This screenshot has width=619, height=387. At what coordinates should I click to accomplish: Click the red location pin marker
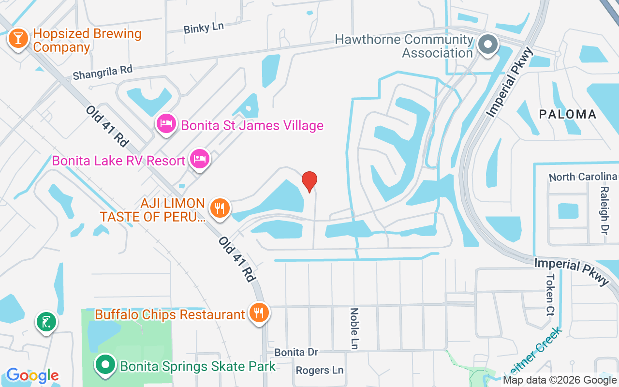click(x=309, y=181)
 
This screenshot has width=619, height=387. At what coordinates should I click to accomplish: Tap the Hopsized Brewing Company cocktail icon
click(x=18, y=39)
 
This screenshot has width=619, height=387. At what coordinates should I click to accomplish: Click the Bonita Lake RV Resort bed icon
click(x=199, y=159)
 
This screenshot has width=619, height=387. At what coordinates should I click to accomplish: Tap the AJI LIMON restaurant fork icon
click(x=220, y=209)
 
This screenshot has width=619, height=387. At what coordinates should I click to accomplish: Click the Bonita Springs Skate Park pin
click(x=105, y=365)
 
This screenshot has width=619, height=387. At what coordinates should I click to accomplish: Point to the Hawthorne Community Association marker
click(x=488, y=45)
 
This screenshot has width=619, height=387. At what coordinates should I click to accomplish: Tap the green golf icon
click(x=46, y=321)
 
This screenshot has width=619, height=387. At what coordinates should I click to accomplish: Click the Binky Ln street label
click(x=204, y=28)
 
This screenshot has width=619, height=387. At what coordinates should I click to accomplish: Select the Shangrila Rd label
click(x=103, y=73)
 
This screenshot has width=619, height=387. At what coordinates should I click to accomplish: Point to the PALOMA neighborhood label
click(x=568, y=114)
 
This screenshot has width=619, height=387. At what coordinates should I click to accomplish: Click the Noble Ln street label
click(x=355, y=328)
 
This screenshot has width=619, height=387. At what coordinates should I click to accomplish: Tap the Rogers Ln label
click(x=319, y=370)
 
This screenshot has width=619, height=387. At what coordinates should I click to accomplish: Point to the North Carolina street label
click(x=583, y=177)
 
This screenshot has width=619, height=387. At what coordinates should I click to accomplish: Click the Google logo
click(x=32, y=375)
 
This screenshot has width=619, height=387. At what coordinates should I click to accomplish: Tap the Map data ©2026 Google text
click(x=560, y=380)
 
